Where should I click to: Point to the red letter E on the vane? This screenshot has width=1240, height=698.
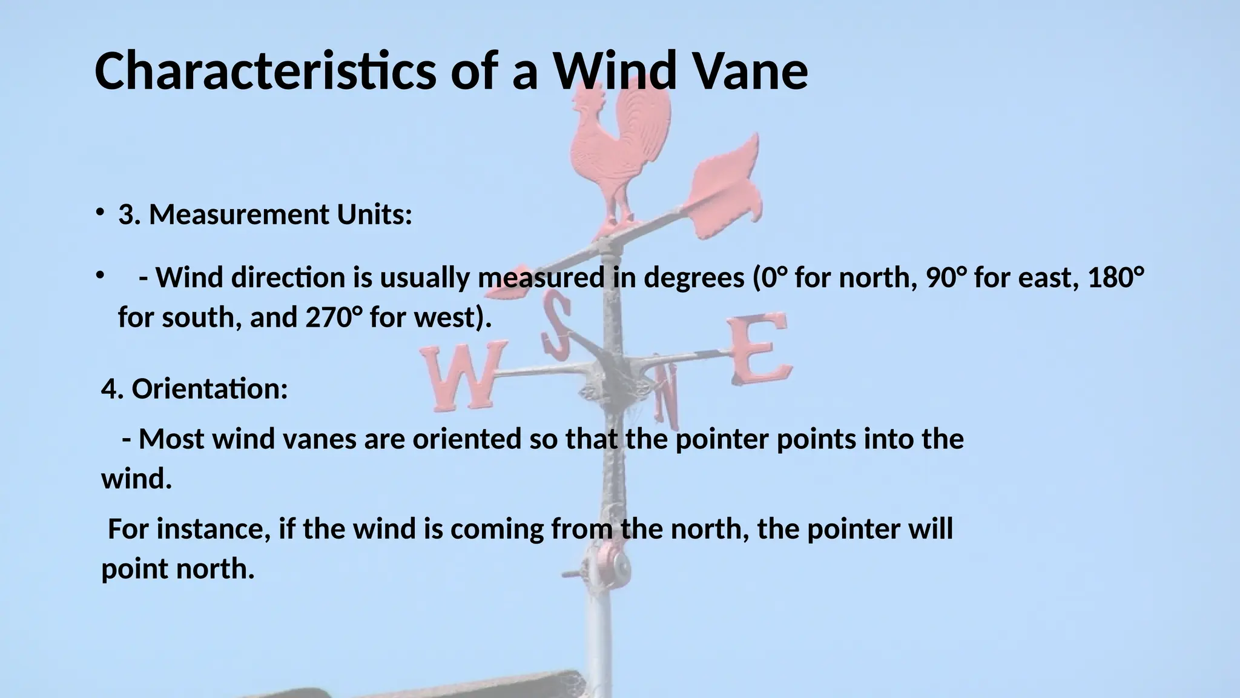pyautogui.click(x=760, y=348)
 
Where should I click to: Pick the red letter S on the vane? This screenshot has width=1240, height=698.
pyautogui.click(x=557, y=324)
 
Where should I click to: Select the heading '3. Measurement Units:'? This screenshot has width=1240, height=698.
pyautogui.click(x=265, y=214)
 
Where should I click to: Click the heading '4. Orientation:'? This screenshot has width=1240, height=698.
pyautogui.click(x=194, y=388)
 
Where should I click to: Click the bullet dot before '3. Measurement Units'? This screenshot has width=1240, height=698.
pyautogui.click(x=98, y=213)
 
